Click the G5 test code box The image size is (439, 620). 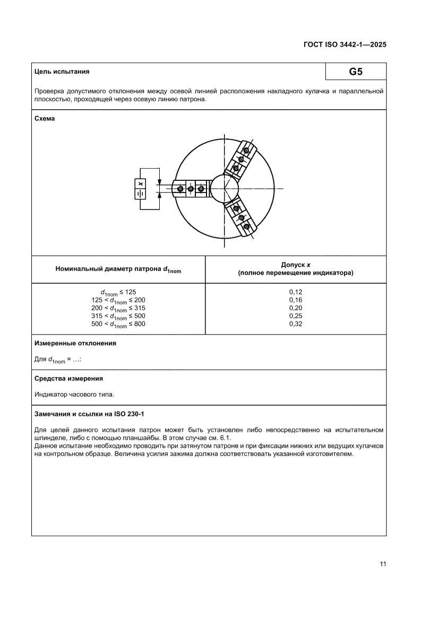356,72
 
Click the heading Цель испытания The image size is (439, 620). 62,72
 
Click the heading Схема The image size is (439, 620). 45,118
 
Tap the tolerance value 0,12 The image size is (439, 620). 296,292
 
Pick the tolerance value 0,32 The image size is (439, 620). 296,324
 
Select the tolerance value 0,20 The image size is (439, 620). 296,308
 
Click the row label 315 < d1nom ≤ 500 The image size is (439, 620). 118,316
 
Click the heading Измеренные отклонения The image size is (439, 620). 75,343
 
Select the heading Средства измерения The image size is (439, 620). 68,379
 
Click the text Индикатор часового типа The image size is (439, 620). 74,394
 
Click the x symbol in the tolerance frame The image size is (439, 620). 141,184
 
